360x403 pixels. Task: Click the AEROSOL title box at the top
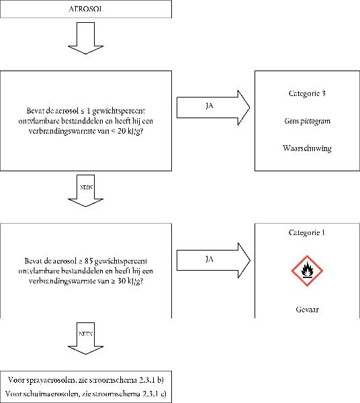point(86,9)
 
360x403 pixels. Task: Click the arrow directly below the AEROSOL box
point(85,38)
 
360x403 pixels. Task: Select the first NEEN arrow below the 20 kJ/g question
point(85,191)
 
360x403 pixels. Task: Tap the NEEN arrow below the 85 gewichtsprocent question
point(85,339)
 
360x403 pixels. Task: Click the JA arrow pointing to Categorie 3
point(213,107)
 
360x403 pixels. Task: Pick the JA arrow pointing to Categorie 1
point(213,261)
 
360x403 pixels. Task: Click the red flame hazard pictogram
point(307,271)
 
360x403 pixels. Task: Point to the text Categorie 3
point(307,93)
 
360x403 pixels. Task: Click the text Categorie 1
point(307,232)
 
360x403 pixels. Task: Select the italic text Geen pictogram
point(308,121)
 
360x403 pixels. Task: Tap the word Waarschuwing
point(307,148)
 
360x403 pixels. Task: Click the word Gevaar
point(308,309)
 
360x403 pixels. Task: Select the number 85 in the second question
point(88,261)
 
